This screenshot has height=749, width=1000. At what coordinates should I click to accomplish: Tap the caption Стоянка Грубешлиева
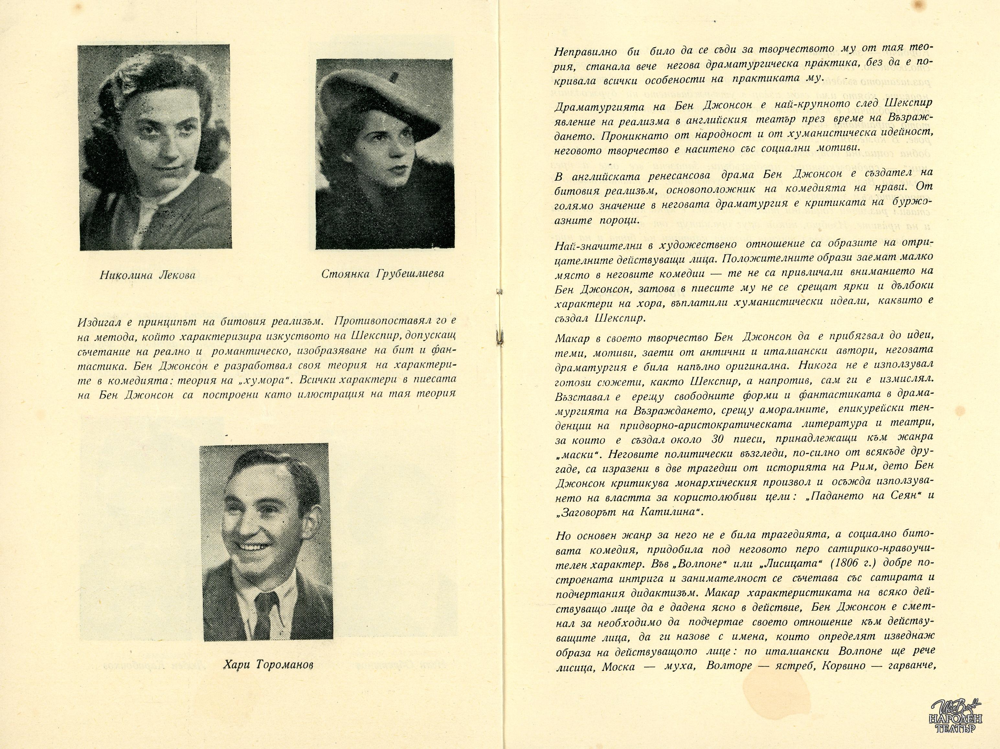tap(382, 274)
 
